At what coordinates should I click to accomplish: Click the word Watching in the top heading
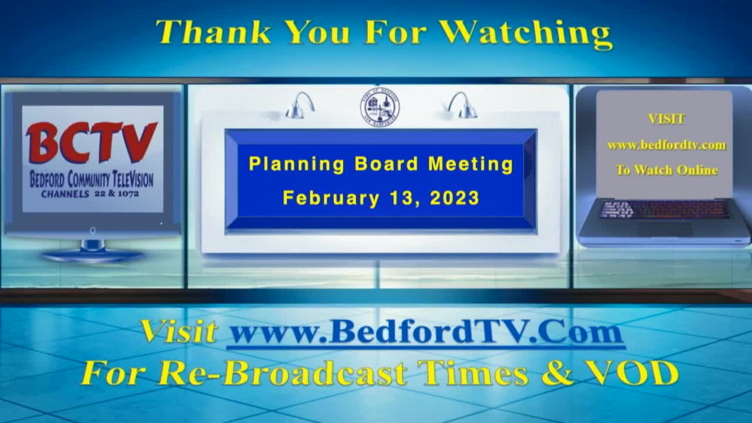click(x=526, y=34)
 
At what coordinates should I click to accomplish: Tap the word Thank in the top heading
click(x=213, y=32)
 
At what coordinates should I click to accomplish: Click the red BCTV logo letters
click(x=91, y=142)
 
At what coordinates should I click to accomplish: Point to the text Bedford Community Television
click(x=92, y=179)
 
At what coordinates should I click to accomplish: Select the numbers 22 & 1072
click(x=116, y=193)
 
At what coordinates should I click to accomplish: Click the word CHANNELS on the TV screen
click(x=65, y=194)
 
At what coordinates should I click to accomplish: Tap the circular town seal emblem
click(x=380, y=108)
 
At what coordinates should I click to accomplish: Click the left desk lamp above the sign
click(x=300, y=105)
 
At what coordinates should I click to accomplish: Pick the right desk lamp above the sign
click(x=464, y=105)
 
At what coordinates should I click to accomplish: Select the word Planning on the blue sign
click(x=297, y=164)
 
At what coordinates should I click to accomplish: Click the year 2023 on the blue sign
click(x=455, y=198)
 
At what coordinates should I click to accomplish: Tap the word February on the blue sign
click(x=331, y=198)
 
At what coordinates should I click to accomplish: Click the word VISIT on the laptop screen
click(x=666, y=119)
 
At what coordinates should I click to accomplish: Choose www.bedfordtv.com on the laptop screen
click(x=667, y=145)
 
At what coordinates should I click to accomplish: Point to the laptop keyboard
click(x=664, y=210)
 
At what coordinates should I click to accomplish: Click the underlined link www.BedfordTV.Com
click(x=427, y=333)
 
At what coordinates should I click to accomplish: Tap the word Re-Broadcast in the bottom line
click(x=283, y=373)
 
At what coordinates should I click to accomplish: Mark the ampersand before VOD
click(x=558, y=372)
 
